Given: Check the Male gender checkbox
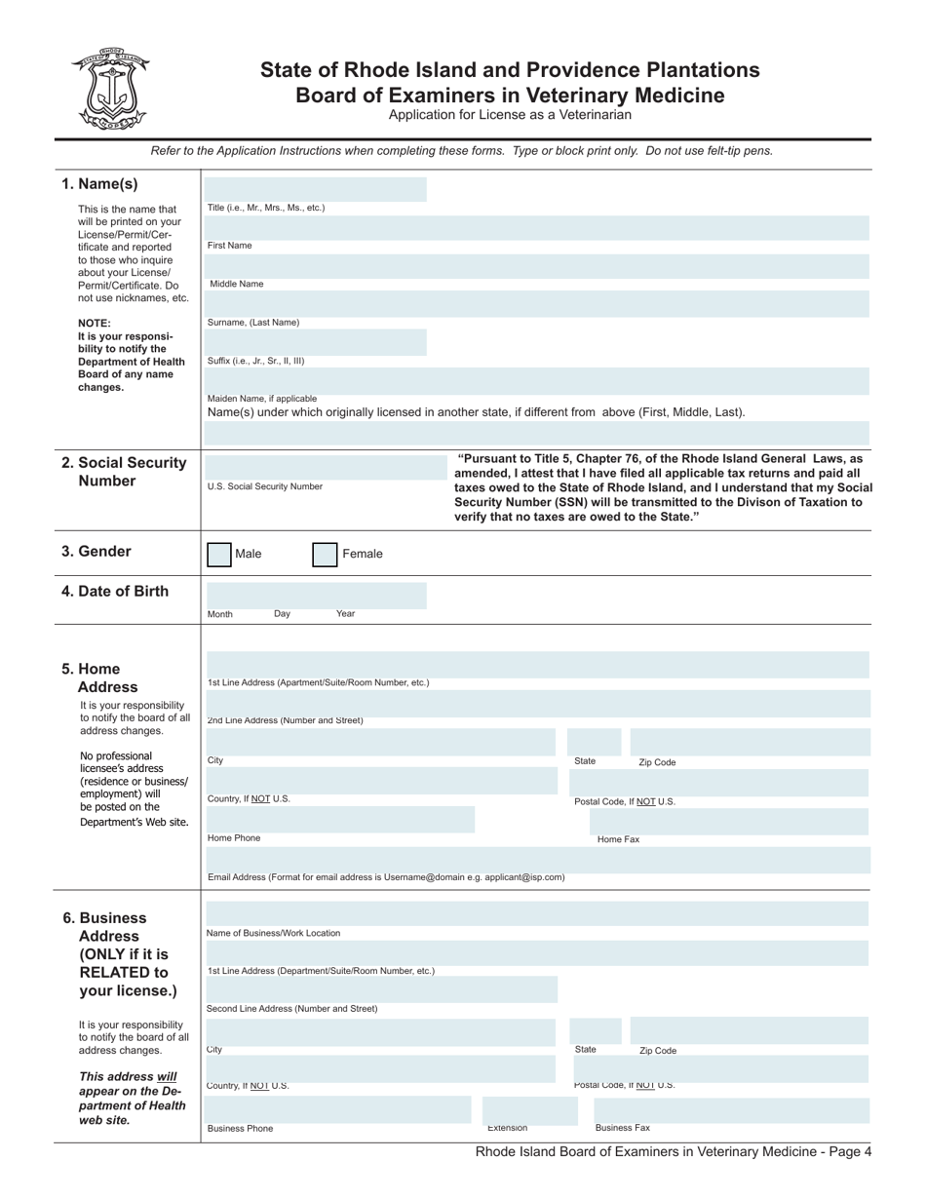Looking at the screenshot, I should coord(219,555).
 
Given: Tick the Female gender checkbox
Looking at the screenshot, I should coord(325,555).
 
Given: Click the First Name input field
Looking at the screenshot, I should coord(536,228).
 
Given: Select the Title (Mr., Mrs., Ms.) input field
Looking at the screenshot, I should coord(316,189).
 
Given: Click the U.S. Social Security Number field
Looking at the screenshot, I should coord(316,467).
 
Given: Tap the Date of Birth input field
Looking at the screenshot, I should coord(316,595).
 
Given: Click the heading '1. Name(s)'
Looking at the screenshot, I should coord(99,184).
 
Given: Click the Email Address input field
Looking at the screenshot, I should coord(536,859).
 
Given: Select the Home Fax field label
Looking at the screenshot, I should coord(618,839).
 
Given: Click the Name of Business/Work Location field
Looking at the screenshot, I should coord(536,914).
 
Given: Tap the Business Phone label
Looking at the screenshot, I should coord(240,1129).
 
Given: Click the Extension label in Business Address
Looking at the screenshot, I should coord(507,1128).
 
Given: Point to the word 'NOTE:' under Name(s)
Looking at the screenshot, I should coord(95,323).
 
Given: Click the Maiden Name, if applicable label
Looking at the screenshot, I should coord(261,398).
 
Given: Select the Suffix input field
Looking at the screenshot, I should coord(316,342).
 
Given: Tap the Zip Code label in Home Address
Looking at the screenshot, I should coord(657,762).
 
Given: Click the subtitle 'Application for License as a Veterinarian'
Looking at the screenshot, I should coord(510,115).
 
